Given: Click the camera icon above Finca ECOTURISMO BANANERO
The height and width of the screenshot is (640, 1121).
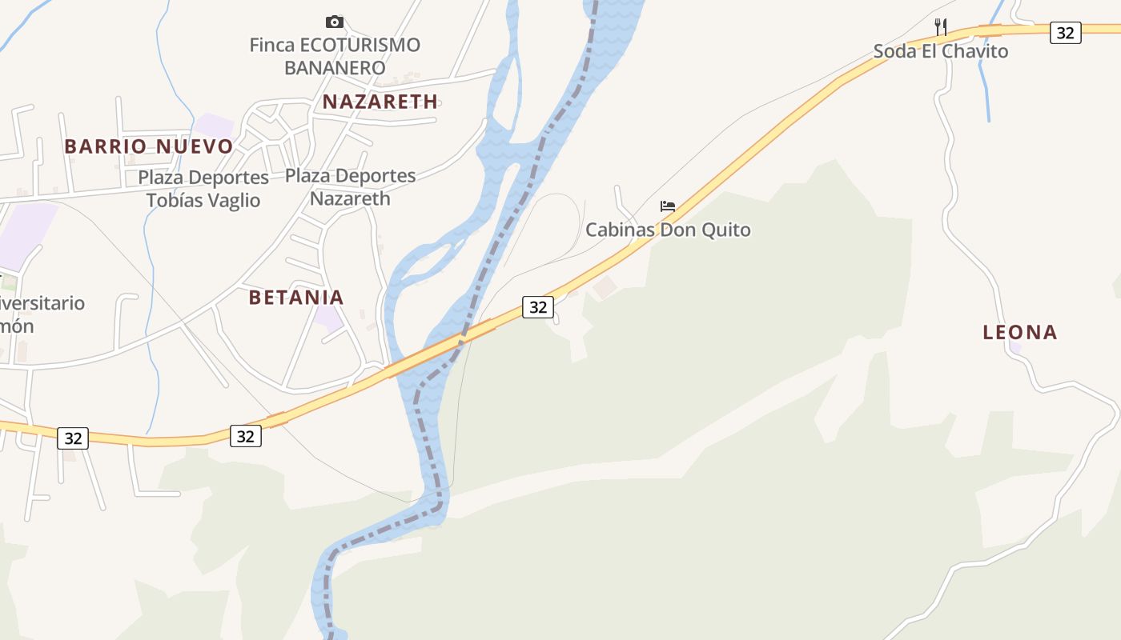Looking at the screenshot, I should [x=335, y=22].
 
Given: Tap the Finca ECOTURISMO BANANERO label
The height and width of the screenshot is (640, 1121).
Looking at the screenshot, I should [x=335, y=56].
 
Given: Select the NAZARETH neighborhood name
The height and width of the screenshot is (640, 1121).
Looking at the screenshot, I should [x=380, y=102].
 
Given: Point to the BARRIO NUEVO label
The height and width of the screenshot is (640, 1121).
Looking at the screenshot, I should [x=148, y=146].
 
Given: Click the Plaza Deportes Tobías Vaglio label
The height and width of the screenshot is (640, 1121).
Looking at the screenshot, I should [x=203, y=189].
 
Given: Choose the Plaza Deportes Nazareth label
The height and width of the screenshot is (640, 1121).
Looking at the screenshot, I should [x=351, y=187].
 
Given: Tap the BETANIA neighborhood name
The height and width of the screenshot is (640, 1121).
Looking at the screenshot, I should [x=295, y=298].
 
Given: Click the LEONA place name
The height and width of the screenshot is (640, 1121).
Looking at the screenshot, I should [x=1019, y=332].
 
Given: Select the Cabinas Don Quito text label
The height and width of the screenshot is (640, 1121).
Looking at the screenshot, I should [x=668, y=230].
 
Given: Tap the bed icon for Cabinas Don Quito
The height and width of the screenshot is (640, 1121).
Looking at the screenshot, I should [x=668, y=206].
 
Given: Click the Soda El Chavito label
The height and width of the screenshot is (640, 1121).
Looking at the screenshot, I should [x=940, y=51].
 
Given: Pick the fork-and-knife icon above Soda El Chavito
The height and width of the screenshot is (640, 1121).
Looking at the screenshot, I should [x=941, y=26].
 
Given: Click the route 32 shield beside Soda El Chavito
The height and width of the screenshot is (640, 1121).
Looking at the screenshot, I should [x=1065, y=33].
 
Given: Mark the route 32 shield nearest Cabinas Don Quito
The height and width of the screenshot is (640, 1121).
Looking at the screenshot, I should [x=538, y=306].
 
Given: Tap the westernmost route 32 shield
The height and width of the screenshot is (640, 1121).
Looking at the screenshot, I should [x=73, y=438].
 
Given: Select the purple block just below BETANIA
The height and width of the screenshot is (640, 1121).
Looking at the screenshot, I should [x=328, y=318].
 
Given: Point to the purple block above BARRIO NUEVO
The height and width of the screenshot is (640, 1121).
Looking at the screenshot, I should [x=214, y=125].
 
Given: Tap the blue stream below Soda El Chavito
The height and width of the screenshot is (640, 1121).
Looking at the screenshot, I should [x=985, y=88].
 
